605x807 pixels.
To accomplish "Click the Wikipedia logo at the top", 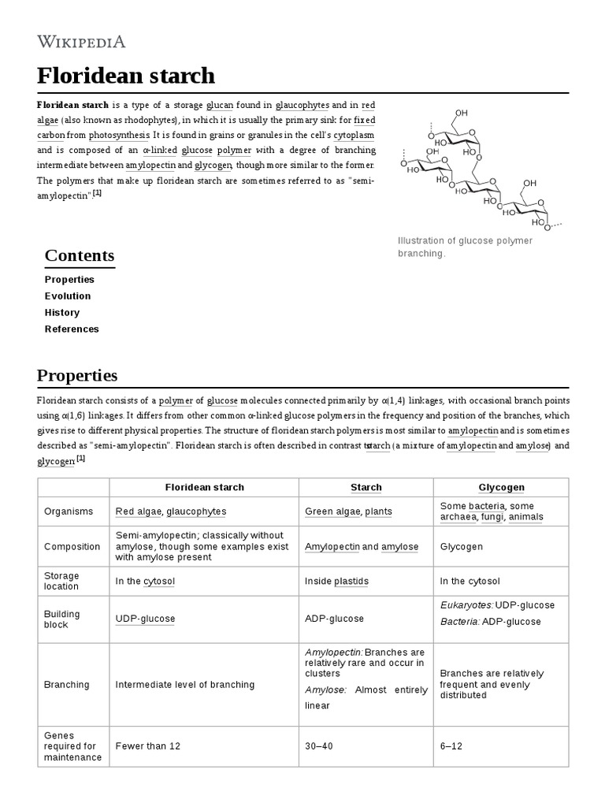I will (80, 42).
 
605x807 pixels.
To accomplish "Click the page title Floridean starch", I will (125, 76).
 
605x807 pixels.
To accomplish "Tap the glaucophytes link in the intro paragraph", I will (302, 105).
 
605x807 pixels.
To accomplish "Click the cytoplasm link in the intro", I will (354, 135).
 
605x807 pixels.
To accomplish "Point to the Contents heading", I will (80, 255).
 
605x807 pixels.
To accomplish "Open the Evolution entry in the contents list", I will (68, 296).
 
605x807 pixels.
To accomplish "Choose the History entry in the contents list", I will (61, 313).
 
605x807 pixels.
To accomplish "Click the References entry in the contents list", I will (72, 329).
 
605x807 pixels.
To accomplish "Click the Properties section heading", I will (77, 375).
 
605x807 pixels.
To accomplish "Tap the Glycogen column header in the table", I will (500, 488).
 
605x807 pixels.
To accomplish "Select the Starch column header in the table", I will (366, 488).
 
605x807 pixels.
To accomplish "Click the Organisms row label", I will (64, 511).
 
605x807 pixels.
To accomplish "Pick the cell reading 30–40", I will (319, 746).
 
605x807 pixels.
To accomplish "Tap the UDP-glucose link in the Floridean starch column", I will (145, 619).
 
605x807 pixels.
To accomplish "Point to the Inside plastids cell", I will (336, 582).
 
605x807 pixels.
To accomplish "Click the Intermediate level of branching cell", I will (185, 685).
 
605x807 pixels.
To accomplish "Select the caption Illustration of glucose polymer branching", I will (464, 247).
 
